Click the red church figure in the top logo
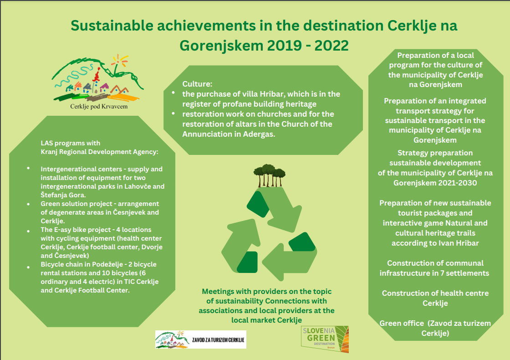click(x=96, y=76)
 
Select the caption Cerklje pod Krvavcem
click(x=99, y=107)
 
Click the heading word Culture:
click(x=197, y=84)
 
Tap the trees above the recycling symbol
click(x=269, y=175)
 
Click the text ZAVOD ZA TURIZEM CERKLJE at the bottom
click(x=218, y=340)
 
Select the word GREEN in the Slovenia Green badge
click(x=321, y=338)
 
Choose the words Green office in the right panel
click(x=402, y=323)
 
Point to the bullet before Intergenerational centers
click(x=28, y=168)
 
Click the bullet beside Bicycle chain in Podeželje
click(x=28, y=267)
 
